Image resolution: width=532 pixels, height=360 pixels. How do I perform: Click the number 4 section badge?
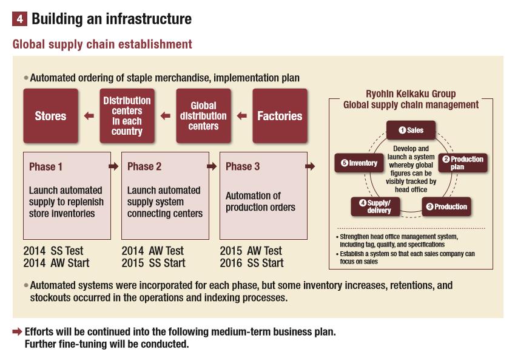point(19,19)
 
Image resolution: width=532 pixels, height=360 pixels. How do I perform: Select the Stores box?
point(50,116)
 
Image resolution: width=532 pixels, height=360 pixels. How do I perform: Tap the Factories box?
point(280,116)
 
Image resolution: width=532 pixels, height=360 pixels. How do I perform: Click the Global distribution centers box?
point(204,116)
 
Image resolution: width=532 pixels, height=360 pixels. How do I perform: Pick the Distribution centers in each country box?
point(127,116)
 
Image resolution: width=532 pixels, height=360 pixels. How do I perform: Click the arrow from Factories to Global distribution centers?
point(242,116)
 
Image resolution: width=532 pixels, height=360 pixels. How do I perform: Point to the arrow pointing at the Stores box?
point(89,116)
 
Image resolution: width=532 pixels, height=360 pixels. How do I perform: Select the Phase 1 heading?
point(45,166)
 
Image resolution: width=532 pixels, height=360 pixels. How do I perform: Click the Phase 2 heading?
point(144,166)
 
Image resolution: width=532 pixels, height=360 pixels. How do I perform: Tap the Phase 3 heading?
point(243,166)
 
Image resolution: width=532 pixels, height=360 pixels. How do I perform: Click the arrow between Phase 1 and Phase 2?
point(113,166)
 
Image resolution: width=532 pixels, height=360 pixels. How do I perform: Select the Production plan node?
point(463,163)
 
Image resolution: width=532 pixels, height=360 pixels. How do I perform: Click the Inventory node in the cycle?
point(359,163)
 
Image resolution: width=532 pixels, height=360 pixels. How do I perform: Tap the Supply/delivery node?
point(375,206)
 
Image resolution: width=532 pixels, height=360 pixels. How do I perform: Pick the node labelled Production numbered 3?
point(446,206)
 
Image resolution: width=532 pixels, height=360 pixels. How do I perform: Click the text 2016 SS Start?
point(251,263)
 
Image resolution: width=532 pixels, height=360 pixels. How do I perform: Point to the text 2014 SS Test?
point(53,251)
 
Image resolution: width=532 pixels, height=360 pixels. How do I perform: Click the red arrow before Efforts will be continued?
point(17,333)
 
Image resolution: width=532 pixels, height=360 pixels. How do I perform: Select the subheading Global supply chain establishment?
point(102,44)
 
